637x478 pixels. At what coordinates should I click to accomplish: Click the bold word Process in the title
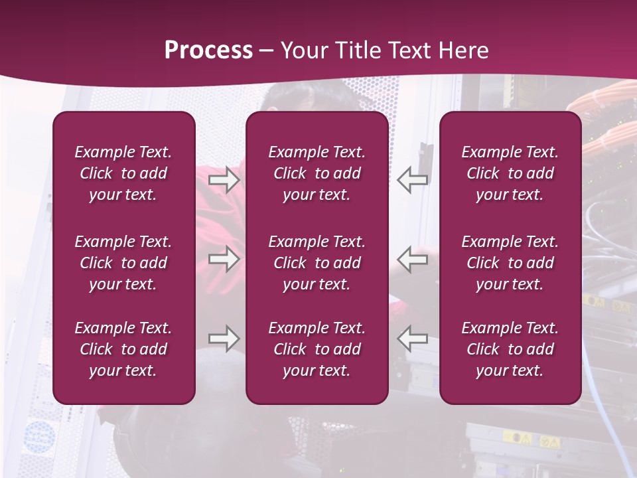208,50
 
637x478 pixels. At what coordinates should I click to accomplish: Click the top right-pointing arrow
224,180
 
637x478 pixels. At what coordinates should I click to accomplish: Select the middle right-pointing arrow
224,259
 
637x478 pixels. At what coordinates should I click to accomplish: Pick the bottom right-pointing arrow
224,339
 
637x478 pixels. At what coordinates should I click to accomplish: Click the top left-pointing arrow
413,180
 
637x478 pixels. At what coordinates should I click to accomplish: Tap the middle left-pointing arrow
413,259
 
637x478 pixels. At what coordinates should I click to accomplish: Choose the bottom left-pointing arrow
413,339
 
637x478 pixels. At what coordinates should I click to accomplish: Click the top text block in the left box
123,173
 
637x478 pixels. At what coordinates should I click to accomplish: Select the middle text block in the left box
123,263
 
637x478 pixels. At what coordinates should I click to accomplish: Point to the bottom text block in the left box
123,349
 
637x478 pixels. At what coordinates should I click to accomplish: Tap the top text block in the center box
317,173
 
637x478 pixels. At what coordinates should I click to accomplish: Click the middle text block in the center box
317,263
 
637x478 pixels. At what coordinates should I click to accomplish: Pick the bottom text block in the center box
317,349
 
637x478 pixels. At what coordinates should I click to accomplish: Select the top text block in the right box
510,173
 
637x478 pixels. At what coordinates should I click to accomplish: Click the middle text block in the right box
510,263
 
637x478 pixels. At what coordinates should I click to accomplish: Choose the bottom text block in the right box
510,349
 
